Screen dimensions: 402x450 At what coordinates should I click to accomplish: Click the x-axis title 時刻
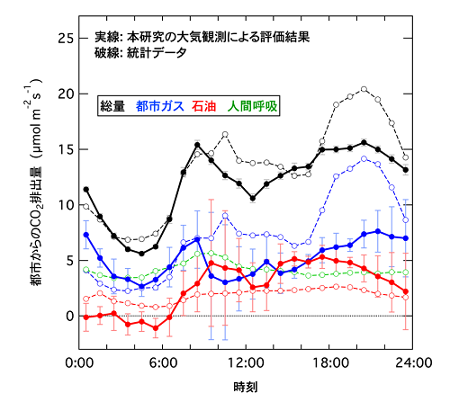click(246, 388)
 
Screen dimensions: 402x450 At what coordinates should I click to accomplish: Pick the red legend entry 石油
click(215, 106)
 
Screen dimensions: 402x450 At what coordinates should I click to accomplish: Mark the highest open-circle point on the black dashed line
click(364, 89)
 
